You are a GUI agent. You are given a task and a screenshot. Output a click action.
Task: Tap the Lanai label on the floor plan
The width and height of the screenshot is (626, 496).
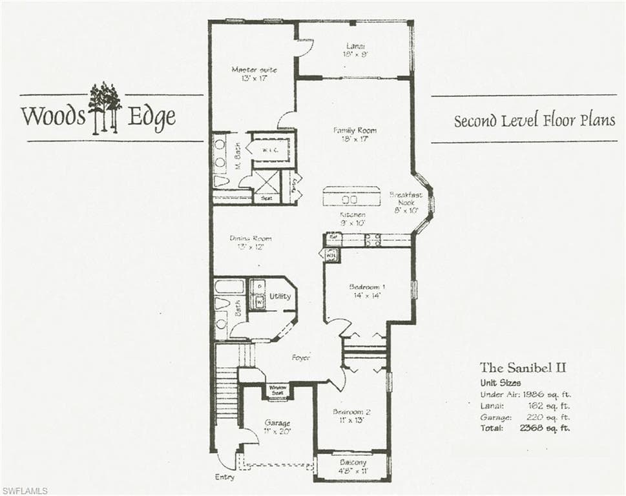[354, 50]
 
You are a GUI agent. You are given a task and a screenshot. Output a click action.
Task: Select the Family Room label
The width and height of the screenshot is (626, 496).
[355, 134]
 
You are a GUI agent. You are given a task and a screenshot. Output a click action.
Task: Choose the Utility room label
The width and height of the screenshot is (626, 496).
[280, 296]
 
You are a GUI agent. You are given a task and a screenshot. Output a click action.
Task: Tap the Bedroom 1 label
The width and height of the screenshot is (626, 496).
[366, 291]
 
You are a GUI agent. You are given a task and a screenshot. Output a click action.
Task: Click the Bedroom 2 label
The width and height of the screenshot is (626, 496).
[351, 415]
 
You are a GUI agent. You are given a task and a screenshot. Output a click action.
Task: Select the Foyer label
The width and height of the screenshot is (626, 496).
[301, 357]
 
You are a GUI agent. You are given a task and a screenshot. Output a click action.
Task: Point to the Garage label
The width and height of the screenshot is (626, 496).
[276, 427]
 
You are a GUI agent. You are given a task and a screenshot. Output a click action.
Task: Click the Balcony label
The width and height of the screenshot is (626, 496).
[353, 466]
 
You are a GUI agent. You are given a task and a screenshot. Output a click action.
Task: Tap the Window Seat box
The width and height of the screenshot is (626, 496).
[278, 390]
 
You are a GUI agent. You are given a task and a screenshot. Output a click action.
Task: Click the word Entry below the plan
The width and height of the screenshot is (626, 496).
[224, 477]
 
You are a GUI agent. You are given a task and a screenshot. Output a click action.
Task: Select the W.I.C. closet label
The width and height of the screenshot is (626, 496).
[270, 150]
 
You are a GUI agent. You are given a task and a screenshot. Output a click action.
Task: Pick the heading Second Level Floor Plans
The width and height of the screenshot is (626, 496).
[534, 120]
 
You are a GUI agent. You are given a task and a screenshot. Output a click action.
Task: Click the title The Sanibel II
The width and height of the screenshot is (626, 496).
[523, 367]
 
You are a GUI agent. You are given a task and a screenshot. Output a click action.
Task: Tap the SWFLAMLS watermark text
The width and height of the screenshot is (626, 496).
[25, 491]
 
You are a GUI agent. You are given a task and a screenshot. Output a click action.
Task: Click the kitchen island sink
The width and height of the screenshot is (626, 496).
[350, 199]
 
